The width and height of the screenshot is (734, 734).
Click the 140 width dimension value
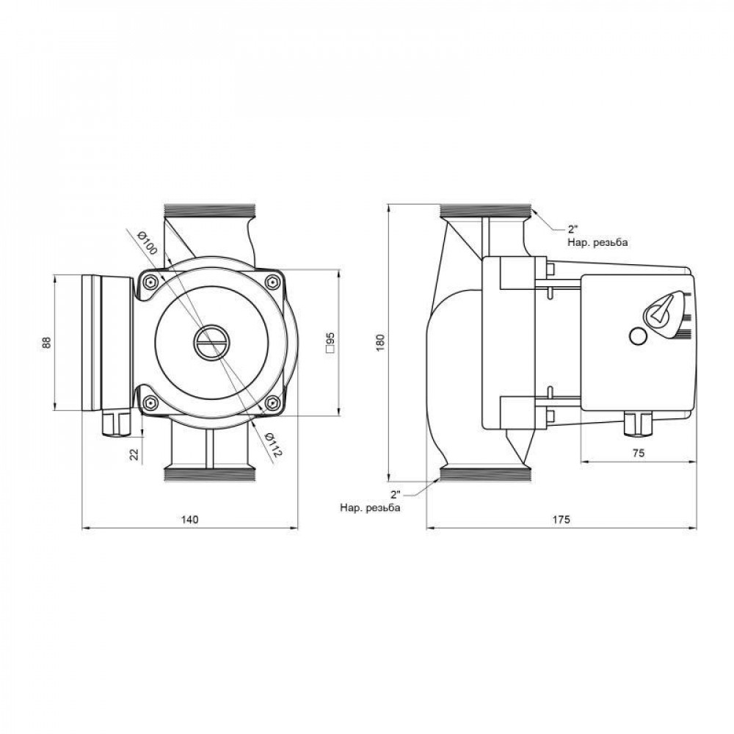(189, 519)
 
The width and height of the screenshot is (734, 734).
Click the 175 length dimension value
(562, 519)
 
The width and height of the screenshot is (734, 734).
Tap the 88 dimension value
(46, 342)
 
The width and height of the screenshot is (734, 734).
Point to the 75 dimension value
(637, 454)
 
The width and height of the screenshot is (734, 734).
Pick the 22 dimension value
(134, 454)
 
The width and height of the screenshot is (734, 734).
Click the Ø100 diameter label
(148, 242)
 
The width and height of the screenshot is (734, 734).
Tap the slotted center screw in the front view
(212, 342)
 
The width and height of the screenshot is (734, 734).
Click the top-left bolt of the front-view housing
(150, 283)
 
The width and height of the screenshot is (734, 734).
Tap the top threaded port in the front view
(211, 211)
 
